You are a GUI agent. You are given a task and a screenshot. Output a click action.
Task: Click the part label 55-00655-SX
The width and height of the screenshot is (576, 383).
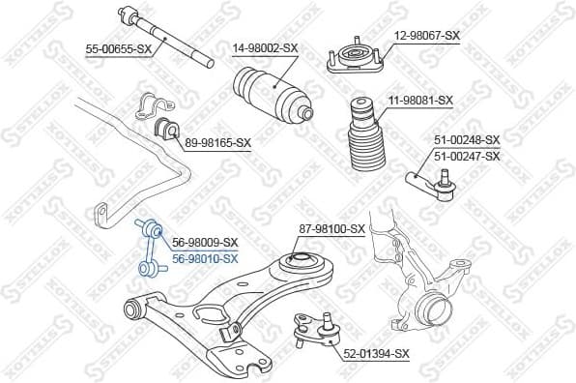(x=119, y=45)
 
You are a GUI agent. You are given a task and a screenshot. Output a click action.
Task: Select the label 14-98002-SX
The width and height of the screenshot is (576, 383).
(x=263, y=45)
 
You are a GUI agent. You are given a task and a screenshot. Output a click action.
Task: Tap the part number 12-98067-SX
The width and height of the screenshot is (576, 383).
(x=426, y=35)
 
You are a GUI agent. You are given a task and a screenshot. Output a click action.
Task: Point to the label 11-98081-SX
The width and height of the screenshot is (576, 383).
(x=420, y=100)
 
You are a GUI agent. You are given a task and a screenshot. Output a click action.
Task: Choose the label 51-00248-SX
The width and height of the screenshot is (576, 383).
(x=467, y=140)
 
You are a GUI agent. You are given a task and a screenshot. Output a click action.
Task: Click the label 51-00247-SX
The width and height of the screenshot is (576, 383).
(x=467, y=156)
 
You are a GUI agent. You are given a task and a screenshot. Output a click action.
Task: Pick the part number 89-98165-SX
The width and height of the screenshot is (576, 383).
(x=217, y=142)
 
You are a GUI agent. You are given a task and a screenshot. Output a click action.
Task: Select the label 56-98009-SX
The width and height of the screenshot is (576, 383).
(x=204, y=243)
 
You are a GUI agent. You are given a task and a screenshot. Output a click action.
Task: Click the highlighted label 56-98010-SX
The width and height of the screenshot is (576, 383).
(x=204, y=258)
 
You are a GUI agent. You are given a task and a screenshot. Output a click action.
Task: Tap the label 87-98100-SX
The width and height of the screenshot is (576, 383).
(x=331, y=229)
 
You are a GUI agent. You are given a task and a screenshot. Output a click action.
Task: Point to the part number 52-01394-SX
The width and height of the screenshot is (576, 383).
(x=376, y=354)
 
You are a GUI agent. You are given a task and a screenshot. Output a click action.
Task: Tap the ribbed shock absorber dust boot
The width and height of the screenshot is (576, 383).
(x=364, y=141)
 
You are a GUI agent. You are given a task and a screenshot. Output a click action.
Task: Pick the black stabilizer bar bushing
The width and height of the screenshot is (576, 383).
(x=164, y=127)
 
